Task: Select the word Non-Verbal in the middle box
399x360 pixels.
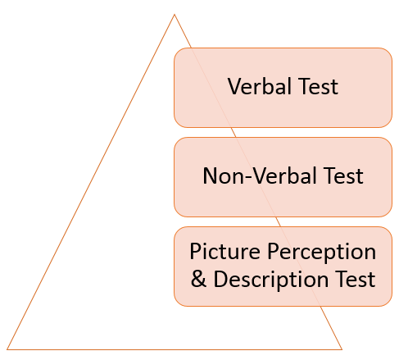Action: (x=260, y=175)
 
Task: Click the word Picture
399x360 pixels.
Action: (x=224, y=252)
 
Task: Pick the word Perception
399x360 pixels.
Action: (x=321, y=252)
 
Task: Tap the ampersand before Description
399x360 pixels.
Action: (x=198, y=279)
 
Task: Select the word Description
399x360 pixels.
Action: (x=270, y=280)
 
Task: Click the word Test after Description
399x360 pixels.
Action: (x=356, y=279)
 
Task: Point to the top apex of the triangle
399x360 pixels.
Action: (x=175, y=15)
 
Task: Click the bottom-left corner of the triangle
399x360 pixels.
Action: (x=7, y=349)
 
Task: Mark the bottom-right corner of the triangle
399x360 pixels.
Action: (x=342, y=349)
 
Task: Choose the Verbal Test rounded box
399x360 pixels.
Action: (x=283, y=88)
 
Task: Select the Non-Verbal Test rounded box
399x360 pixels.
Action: (x=283, y=177)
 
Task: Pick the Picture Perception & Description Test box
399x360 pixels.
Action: (x=283, y=267)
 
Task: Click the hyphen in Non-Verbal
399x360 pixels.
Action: (x=249, y=177)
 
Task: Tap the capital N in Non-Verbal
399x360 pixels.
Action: (x=211, y=175)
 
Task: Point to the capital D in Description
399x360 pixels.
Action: (x=220, y=279)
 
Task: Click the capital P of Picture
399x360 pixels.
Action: (x=196, y=252)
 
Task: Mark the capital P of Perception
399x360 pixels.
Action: (x=273, y=252)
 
